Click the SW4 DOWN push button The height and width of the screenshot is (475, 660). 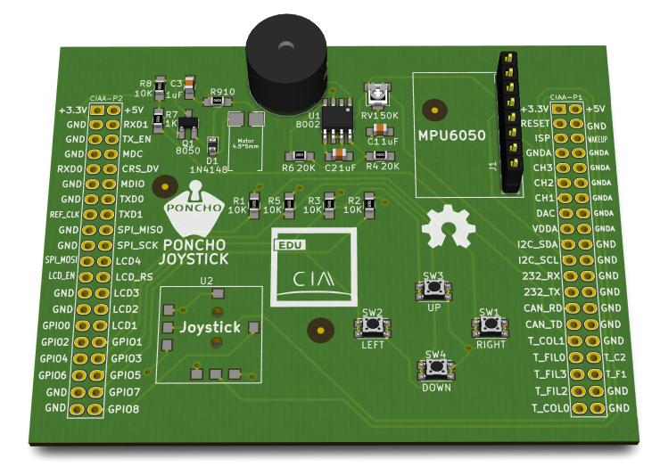click(x=436, y=368)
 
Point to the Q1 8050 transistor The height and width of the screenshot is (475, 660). click(x=188, y=127)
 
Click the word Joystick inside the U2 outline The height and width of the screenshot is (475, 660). click(x=210, y=328)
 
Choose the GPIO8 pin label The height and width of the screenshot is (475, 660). click(x=126, y=409)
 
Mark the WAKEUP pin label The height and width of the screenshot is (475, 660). click(x=598, y=140)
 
